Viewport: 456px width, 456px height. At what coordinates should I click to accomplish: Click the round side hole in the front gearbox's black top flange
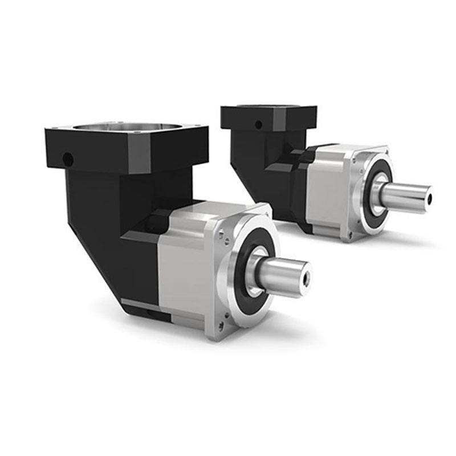coord(68,157)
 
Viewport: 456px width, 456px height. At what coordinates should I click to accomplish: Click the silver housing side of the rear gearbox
coord(331,188)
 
